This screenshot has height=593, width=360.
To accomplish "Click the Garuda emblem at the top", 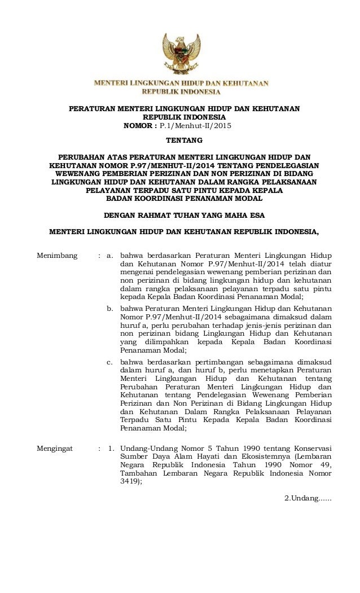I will [181, 54].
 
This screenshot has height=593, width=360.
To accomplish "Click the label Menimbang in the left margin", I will [57, 256].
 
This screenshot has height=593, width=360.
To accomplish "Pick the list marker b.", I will [111, 309].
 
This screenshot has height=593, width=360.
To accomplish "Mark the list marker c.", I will [111, 361].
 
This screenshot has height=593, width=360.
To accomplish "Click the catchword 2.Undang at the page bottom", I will [308, 497].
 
